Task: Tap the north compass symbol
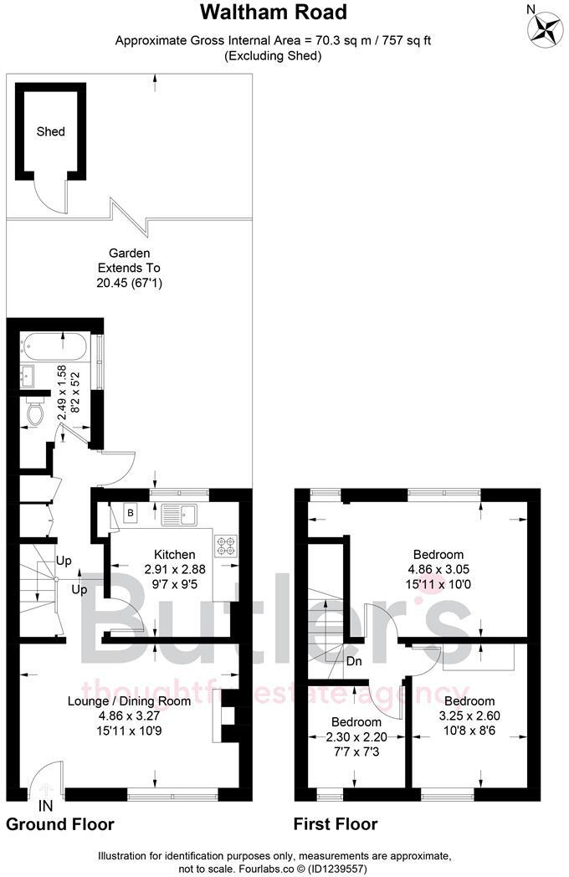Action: [x=545, y=27]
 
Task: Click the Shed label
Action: [x=50, y=131]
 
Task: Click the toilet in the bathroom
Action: [x=35, y=413]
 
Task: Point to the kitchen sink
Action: [x=179, y=512]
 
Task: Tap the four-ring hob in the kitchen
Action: [x=226, y=544]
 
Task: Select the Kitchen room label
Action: [x=174, y=554]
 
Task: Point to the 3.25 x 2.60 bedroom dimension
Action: [x=469, y=715]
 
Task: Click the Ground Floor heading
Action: [x=60, y=824]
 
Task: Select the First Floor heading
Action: [x=335, y=824]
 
